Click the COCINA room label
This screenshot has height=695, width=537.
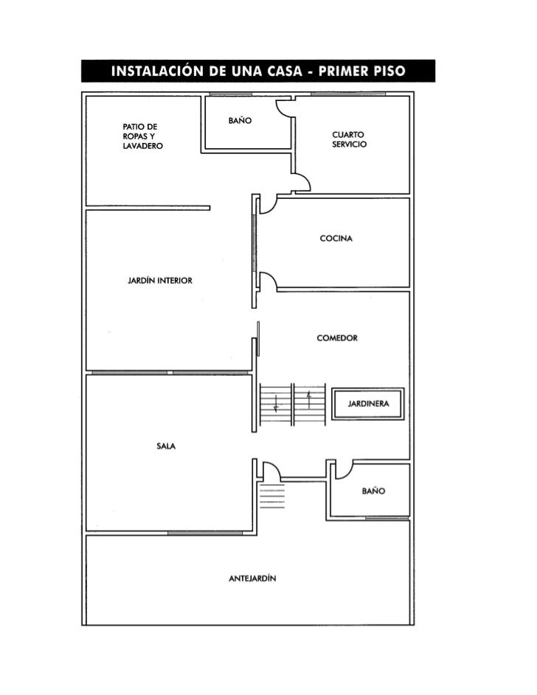(x=336, y=239)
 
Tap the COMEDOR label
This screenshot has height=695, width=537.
(x=337, y=338)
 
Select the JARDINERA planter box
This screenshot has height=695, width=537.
(x=368, y=404)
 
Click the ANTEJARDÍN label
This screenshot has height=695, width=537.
(x=252, y=579)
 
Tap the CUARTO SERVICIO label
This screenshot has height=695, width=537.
(x=349, y=139)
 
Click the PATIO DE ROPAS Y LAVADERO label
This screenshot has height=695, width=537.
(x=142, y=137)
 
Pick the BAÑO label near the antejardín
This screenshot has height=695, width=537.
(x=374, y=491)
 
